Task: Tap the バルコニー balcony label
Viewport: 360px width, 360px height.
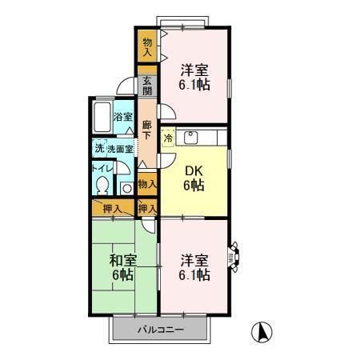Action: click(x=160, y=330)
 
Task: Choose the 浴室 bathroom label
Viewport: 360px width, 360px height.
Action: click(x=123, y=117)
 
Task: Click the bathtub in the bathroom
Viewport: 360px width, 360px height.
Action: click(x=101, y=119)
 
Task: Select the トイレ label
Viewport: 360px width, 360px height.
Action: click(x=102, y=168)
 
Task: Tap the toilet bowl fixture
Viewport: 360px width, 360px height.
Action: click(x=102, y=185)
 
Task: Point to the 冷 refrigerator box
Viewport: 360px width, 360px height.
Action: click(x=169, y=138)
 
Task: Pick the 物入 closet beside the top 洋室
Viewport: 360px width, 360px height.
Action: click(x=148, y=46)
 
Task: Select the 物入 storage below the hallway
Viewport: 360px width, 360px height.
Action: click(x=147, y=184)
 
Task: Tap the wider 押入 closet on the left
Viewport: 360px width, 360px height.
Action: click(x=112, y=209)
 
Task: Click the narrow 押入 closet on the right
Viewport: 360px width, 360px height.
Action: click(x=147, y=209)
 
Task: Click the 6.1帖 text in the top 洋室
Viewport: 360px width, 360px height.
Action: click(x=195, y=83)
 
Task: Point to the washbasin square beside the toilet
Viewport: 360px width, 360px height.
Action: click(x=126, y=188)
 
